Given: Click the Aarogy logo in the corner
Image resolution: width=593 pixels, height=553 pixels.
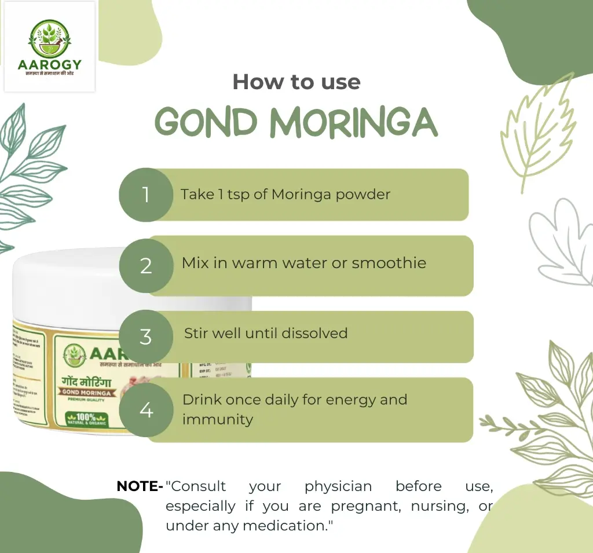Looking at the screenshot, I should (x=49, y=47).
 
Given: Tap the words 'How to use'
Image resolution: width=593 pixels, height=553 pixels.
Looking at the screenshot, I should (x=296, y=82).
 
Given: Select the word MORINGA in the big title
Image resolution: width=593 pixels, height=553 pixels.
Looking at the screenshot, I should (x=354, y=122).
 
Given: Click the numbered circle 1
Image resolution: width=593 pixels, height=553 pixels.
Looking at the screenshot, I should (x=146, y=195).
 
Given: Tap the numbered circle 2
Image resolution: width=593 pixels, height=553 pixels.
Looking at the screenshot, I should (x=146, y=266).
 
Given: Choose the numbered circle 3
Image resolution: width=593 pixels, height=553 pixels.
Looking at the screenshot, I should (x=146, y=336).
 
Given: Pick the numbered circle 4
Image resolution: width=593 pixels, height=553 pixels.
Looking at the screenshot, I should (x=146, y=410).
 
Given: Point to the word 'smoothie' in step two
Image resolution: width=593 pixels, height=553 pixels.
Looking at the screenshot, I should (x=389, y=263).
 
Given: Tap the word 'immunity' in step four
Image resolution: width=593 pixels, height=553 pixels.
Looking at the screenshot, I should (x=218, y=419).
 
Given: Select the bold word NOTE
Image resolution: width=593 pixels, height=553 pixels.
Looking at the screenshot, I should (x=137, y=486).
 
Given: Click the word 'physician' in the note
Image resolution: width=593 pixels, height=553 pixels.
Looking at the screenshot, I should (x=338, y=486).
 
